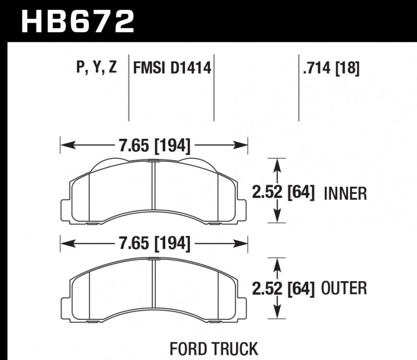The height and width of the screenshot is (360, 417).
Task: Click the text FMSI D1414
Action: click(x=173, y=68)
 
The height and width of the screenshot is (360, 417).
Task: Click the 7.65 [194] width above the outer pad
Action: click(x=154, y=243)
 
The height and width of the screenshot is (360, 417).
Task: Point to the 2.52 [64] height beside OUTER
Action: click(x=284, y=288)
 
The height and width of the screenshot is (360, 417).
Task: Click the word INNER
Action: click(x=346, y=194)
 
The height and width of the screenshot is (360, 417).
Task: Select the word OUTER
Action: click(x=345, y=289)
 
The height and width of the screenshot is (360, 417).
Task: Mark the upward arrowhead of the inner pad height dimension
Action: click(x=277, y=164)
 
